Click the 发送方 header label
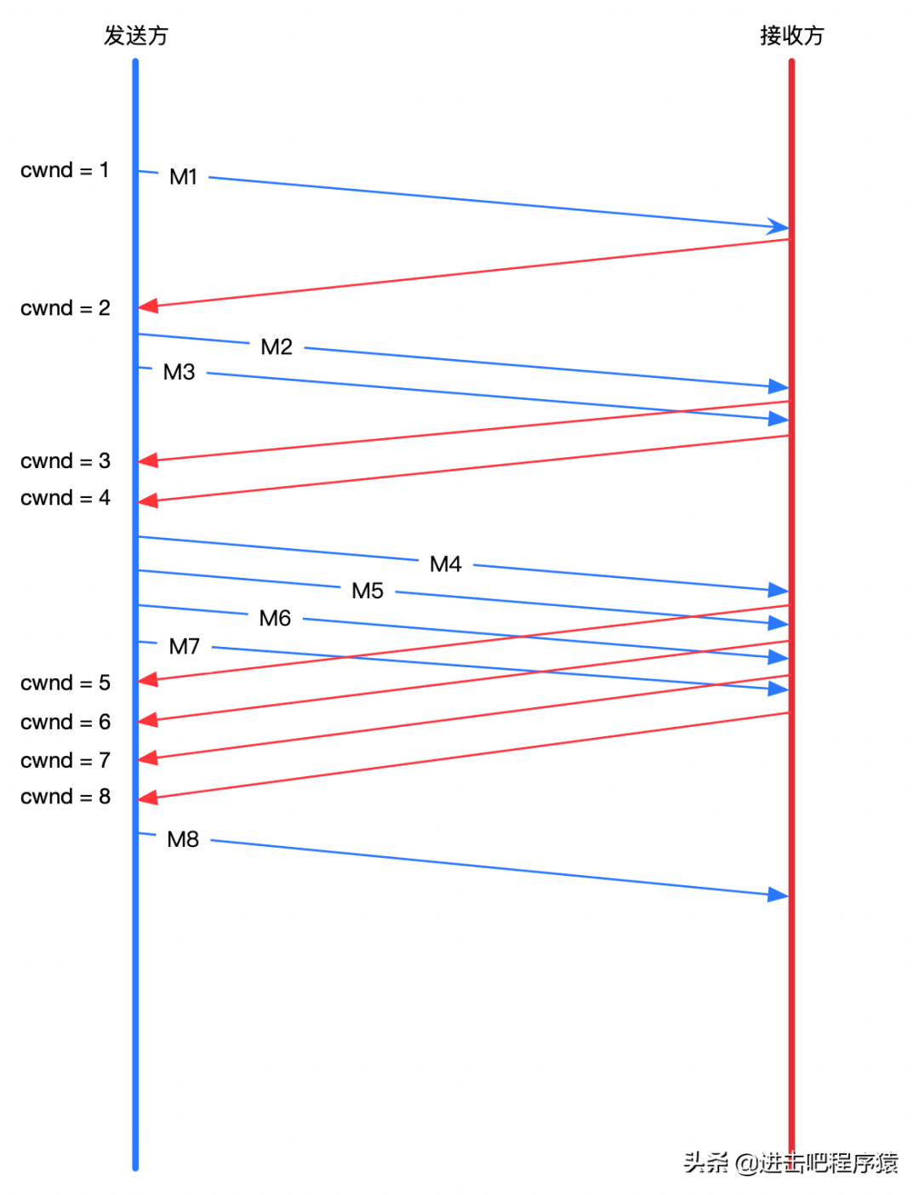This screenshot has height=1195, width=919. point(136,36)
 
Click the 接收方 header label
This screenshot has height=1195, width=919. point(791,36)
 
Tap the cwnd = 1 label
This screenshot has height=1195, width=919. point(65,170)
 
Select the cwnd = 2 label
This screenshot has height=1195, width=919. point(66,308)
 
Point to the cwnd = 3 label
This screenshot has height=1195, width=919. point(66,461)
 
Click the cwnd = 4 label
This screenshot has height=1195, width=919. point(66,498)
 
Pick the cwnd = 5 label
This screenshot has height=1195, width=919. point(66,683)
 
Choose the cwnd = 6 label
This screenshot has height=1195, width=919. point(66,722)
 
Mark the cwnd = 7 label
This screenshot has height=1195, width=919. point(66,760)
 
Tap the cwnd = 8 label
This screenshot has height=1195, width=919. point(66,797)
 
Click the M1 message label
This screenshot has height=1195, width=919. point(184,177)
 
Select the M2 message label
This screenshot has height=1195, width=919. point(277,347)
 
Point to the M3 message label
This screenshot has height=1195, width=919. point(180,372)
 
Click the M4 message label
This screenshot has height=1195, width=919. point(446,564)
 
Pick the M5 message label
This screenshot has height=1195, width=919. point(368,591)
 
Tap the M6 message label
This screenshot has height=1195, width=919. point(275,618)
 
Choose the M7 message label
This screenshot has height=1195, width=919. point(185,647)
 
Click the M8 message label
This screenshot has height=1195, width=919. point(183,840)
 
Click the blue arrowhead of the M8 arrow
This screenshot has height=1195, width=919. point(778,895)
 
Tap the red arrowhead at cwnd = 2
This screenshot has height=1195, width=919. point(149,306)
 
